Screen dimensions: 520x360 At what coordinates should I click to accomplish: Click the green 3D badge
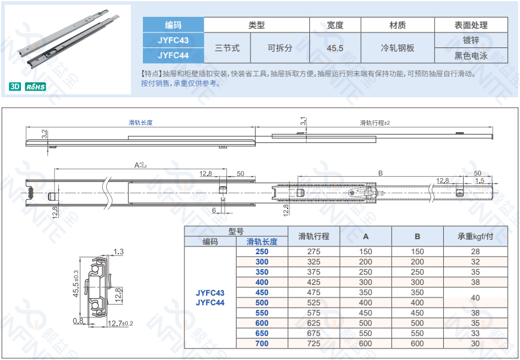click(x=15, y=87)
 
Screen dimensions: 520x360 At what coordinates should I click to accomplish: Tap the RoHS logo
click(x=35, y=87)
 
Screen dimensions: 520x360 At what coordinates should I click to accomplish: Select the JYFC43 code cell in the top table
click(x=173, y=40)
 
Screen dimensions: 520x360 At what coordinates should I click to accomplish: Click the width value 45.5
click(x=335, y=48)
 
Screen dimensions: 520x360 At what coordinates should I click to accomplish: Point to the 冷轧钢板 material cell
click(x=398, y=47)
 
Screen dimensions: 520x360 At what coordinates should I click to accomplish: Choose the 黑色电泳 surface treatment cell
click(x=471, y=56)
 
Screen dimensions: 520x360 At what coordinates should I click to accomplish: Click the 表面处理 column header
click(x=471, y=25)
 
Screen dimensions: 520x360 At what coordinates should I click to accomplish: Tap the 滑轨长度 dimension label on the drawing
click(x=141, y=123)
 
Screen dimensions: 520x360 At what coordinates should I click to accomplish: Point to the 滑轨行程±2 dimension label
click(x=375, y=123)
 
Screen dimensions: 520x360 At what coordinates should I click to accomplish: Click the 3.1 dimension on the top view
click(x=303, y=121)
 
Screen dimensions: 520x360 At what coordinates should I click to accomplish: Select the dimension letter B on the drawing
click(x=380, y=173)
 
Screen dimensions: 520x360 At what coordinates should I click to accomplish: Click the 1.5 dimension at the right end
click(x=479, y=180)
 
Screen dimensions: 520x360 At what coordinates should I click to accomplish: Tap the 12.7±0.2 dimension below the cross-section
click(x=120, y=323)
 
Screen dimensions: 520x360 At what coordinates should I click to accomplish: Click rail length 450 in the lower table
click(x=262, y=292)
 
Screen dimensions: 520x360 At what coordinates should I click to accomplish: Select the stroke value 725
click(x=313, y=343)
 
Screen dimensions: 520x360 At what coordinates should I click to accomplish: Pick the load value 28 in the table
click(x=475, y=251)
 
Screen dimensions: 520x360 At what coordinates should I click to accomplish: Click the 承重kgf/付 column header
click(x=475, y=236)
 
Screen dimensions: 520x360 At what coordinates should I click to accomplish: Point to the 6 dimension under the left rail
click(x=214, y=210)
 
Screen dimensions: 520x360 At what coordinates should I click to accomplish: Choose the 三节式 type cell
click(x=227, y=47)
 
